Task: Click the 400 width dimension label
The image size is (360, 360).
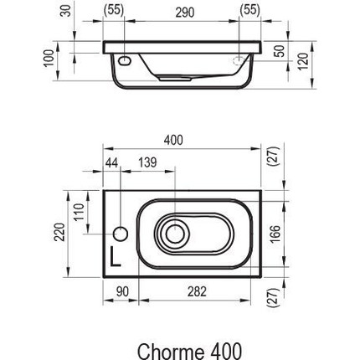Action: point(173,140)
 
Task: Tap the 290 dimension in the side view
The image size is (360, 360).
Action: point(185,13)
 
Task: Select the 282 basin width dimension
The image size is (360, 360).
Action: point(197,291)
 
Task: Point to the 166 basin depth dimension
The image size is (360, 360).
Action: point(275,234)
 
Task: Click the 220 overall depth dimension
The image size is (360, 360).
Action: point(59,232)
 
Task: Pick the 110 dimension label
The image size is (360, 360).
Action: point(79,212)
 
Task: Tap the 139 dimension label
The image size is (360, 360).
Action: point(147,162)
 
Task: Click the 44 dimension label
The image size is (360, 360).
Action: point(112,162)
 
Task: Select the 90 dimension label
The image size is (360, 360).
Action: point(122,291)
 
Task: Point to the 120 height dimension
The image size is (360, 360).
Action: point(303,61)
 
